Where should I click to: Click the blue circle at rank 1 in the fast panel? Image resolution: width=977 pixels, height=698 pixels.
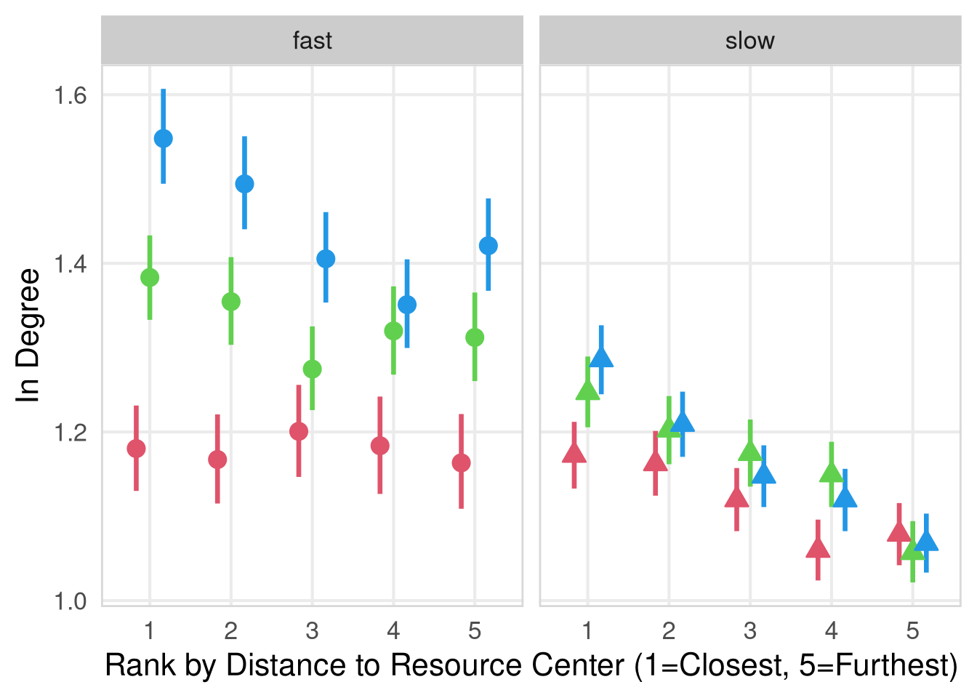(164, 138)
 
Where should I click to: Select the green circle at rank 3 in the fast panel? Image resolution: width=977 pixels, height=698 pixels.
(312, 369)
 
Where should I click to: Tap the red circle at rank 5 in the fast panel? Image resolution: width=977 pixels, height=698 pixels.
(461, 463)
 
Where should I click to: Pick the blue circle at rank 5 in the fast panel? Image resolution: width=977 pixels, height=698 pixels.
(488, 246)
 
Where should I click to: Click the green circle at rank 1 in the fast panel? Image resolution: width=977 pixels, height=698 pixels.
(150, 277)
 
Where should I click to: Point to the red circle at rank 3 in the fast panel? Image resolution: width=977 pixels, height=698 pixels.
(299, 431)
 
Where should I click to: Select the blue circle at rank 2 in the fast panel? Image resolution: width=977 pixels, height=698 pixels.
(245, 184)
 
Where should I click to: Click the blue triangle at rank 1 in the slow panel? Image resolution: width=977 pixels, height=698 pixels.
(601, 358)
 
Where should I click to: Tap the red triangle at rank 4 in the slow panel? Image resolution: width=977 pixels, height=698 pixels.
(818, 549)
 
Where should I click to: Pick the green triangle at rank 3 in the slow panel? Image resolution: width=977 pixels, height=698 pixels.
(750, 452)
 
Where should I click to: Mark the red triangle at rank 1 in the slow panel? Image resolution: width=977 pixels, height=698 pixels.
(574, 454)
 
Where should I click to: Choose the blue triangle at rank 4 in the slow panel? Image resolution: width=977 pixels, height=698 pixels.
(845, 498)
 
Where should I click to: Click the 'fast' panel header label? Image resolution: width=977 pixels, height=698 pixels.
(312, 41)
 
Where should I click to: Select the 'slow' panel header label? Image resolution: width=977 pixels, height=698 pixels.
(750, 41)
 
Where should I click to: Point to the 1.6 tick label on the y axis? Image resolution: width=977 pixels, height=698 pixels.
(71, 95)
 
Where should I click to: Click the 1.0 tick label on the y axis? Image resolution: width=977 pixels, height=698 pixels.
(71, 601)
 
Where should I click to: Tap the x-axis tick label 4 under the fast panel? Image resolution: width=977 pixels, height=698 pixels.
(393, 630)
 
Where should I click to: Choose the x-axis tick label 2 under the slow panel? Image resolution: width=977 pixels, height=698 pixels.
(669, 630)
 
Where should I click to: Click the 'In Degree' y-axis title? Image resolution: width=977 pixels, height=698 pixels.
(29, 335)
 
